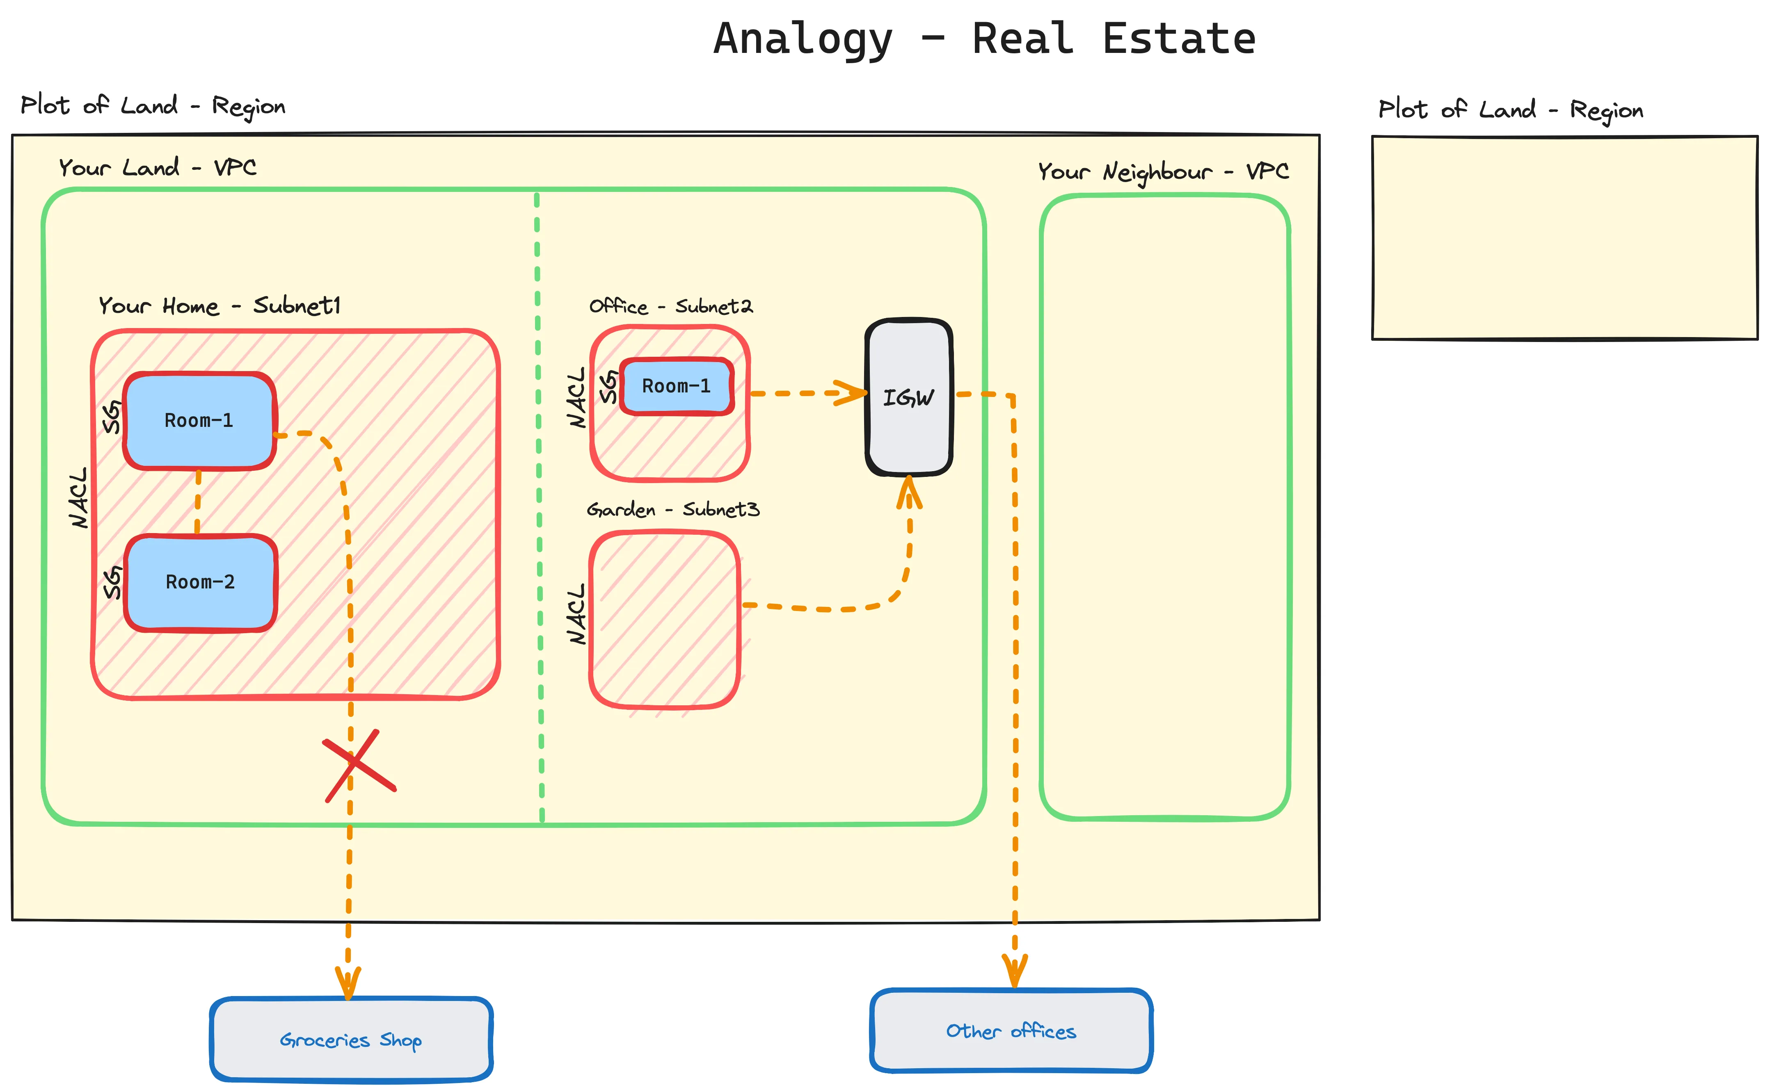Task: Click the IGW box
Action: (x=909, y=397)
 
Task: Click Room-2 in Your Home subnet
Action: (x=200, y=582)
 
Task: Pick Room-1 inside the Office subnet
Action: (x=676, y=386)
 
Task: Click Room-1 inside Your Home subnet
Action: (x=199, y=420)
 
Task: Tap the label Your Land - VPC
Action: (x=158, y=168)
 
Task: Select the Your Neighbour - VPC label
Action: (x=1163, y=172)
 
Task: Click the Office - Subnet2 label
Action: (x=670, y=306)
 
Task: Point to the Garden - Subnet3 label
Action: (x=672, y=510)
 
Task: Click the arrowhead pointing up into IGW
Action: (x=909, y=491)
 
